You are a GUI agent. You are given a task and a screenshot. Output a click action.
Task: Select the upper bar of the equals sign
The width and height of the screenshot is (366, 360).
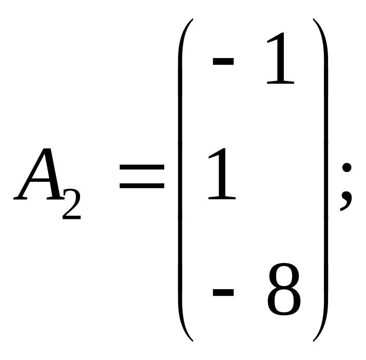142,168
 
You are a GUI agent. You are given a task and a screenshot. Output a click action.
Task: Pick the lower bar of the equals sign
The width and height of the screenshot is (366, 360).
142,186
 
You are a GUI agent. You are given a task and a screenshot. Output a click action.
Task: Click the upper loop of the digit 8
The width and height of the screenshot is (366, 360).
283,278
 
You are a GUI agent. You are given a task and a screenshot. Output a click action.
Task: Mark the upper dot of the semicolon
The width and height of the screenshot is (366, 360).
346,168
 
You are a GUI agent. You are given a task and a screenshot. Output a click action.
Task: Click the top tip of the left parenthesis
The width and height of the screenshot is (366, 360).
191,20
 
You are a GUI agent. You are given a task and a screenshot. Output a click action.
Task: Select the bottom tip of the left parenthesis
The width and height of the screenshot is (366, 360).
191,341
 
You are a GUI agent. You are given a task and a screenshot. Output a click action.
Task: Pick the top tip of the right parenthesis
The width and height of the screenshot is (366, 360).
313,20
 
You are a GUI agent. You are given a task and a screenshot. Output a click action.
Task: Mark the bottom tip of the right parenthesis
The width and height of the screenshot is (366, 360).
313,341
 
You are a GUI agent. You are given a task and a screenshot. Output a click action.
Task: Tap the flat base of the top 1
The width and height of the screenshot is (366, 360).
280,83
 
